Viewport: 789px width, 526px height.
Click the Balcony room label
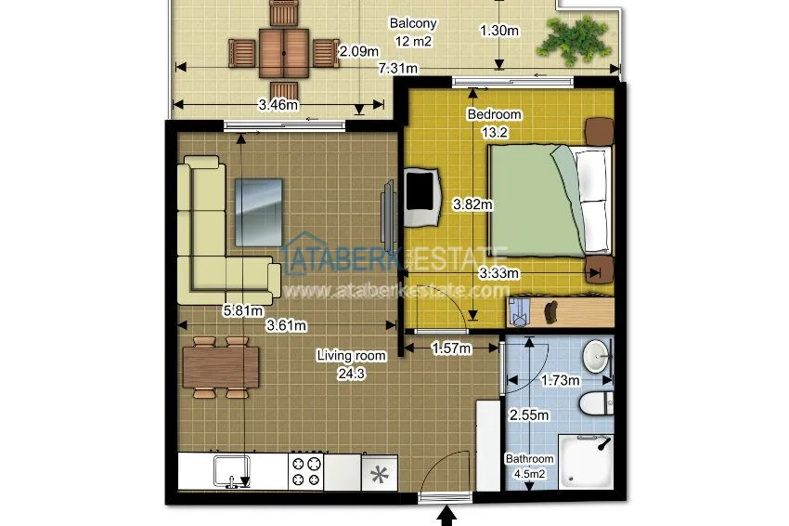[x=413, y=23]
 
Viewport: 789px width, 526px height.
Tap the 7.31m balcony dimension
[x=398, y=68]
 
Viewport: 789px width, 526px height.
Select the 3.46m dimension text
[x=278, y=105]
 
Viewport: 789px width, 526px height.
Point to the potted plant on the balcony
[x=575, y=40]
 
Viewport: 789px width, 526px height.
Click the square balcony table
[x=284, y=53]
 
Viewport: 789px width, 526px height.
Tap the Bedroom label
[x=494, y=114]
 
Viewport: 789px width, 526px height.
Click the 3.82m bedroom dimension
[x=472, y=204]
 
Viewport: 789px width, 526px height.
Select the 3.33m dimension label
[x=498, y=273]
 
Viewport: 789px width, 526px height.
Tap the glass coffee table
[x=259, y=212]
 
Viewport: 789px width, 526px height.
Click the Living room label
[x=351, y=356]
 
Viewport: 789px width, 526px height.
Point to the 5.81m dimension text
[x=243, y=311]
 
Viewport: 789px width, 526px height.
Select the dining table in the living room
[x=221, y=367]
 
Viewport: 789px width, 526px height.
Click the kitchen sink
[x=232, y=471]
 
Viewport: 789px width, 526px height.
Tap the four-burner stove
[x=306, y=471]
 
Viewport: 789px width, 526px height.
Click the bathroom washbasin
[x=596, y=356]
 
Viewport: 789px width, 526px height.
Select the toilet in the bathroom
[x=596, y=403]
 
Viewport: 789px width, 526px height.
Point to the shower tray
[x=587, y=462]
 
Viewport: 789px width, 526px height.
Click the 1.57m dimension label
[x=452, y=348]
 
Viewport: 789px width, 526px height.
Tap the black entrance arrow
[x=446, y=517]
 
